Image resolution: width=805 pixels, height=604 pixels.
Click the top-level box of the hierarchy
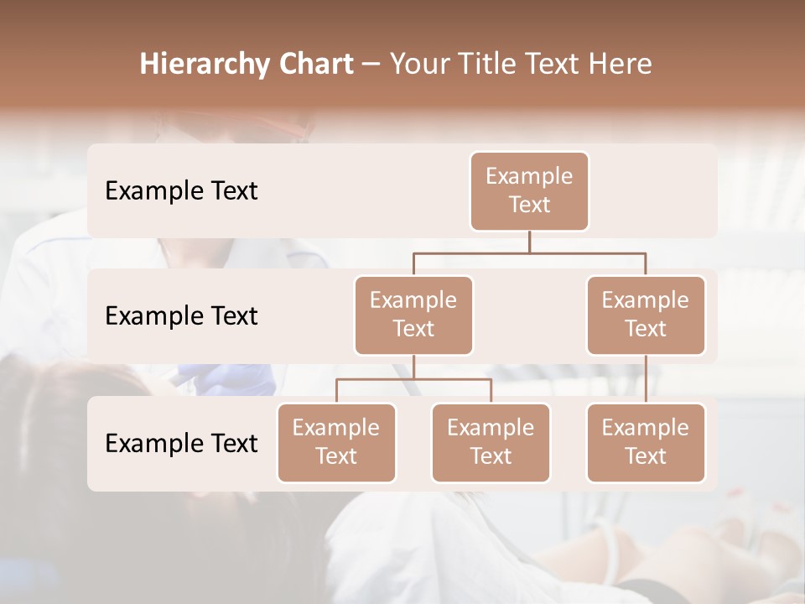tap(529, 190)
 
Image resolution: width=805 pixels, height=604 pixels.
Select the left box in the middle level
tap(413, 315)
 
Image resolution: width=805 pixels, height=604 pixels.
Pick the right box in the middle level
tap(646, 315)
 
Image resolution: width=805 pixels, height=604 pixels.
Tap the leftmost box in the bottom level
tap(336, 442)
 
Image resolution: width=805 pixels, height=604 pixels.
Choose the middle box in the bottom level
tap(491, 442)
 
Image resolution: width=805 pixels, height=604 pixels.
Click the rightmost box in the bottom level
tap(646, 442)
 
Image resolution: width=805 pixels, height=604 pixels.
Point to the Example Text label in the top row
tap(181, 190)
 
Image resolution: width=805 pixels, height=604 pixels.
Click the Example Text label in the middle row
tap(181, 315)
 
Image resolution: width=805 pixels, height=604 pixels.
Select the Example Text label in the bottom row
tap(181, 443)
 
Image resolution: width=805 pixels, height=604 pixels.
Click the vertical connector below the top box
tap(529, 242)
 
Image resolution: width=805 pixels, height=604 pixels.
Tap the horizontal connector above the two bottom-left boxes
tap(413, 379)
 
